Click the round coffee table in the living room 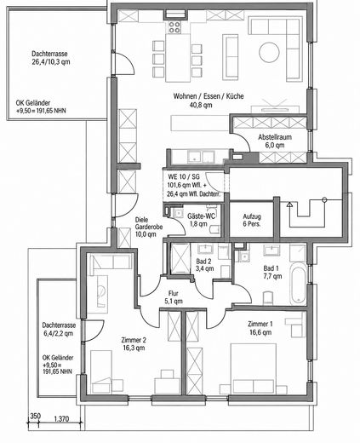269,53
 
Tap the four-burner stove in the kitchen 174,27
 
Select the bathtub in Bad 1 299,284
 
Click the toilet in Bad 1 268,298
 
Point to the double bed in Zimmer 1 254,368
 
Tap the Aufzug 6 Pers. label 252,220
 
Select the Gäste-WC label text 201,216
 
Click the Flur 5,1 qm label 174,297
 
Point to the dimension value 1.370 61,418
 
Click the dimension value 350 36,416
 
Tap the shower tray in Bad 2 180,258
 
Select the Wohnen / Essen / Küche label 209,96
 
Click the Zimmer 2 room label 134,340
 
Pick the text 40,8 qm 201,105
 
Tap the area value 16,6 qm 260,332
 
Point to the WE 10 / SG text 184,176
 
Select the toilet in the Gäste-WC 214,229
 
